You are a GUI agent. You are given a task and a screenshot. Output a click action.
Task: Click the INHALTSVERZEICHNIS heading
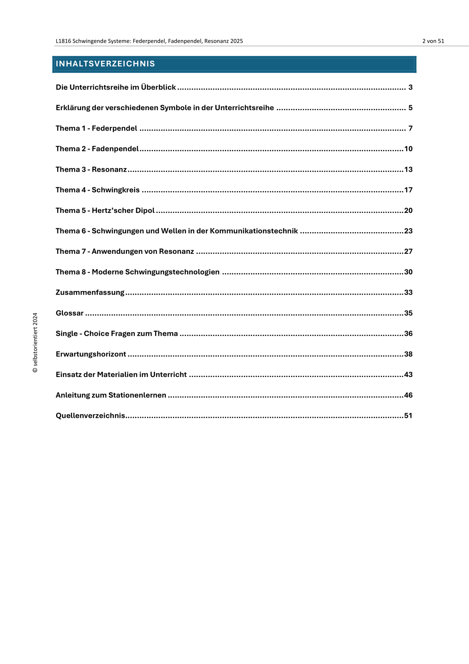(105, 64)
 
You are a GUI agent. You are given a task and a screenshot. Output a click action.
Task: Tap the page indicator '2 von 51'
(433, 41)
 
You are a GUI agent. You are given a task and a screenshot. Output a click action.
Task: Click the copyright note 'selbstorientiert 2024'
(35, 343)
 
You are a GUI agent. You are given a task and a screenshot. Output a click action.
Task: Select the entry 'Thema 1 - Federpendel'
(96, 128)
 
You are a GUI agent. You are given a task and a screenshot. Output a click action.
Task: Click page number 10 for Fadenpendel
(408, 149)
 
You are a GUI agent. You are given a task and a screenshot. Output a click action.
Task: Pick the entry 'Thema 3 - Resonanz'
(91, 170)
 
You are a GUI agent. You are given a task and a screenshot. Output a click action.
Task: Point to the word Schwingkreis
(116, 190)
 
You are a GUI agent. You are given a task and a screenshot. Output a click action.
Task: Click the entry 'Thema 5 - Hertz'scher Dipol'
(105, 211)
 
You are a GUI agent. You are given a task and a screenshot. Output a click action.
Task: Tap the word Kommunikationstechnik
(254, 231)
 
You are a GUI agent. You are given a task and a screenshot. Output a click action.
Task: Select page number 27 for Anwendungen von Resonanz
(408, 252)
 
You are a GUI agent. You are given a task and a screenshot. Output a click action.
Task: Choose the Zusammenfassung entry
(90, 293)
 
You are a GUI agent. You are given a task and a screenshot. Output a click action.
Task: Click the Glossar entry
(69, 313)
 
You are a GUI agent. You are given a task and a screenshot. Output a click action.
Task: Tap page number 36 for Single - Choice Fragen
(408, 334)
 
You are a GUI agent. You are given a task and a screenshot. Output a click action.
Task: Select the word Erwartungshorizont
(91, 354)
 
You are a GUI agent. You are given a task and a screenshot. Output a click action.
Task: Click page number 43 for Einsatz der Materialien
(408, 375)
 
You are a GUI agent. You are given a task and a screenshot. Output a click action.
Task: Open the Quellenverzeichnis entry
(91, 416)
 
